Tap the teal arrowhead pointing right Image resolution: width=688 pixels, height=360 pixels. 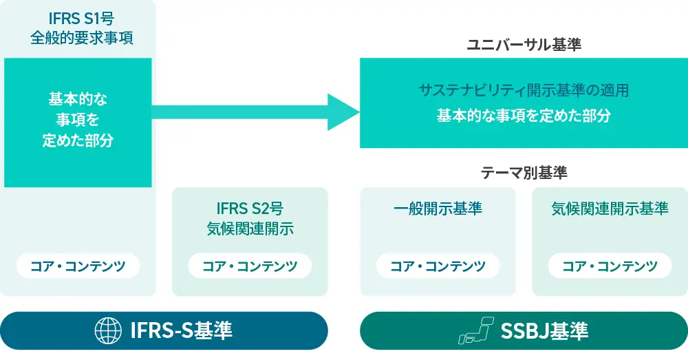coord(343,112)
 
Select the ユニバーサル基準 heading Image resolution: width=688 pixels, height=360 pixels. coord(524,45)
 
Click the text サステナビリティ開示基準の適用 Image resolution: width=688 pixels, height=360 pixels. coord(524,90)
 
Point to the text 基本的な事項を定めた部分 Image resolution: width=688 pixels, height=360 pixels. coord(524,116)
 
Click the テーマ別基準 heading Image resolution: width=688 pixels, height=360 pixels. coord(524,173)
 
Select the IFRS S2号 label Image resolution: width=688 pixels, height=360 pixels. coord(250,208)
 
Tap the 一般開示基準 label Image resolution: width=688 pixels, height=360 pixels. coord(438,209)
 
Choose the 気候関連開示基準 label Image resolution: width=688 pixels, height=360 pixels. coord(610,209)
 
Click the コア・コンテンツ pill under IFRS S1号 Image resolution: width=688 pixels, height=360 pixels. coord(78,266)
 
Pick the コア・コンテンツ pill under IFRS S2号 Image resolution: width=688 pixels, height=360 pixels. coord(250,266)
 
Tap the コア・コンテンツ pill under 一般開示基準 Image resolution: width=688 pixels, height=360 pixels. coord(438,266)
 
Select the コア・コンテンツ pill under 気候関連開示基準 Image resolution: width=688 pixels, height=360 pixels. coord(610,266)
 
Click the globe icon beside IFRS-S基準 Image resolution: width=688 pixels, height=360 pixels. coord(108,331)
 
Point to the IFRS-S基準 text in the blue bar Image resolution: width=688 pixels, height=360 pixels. coord(181,331)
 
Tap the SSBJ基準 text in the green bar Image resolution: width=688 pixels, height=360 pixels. coord(545,331)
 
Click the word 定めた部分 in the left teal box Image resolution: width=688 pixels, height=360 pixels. coord(78,141)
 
